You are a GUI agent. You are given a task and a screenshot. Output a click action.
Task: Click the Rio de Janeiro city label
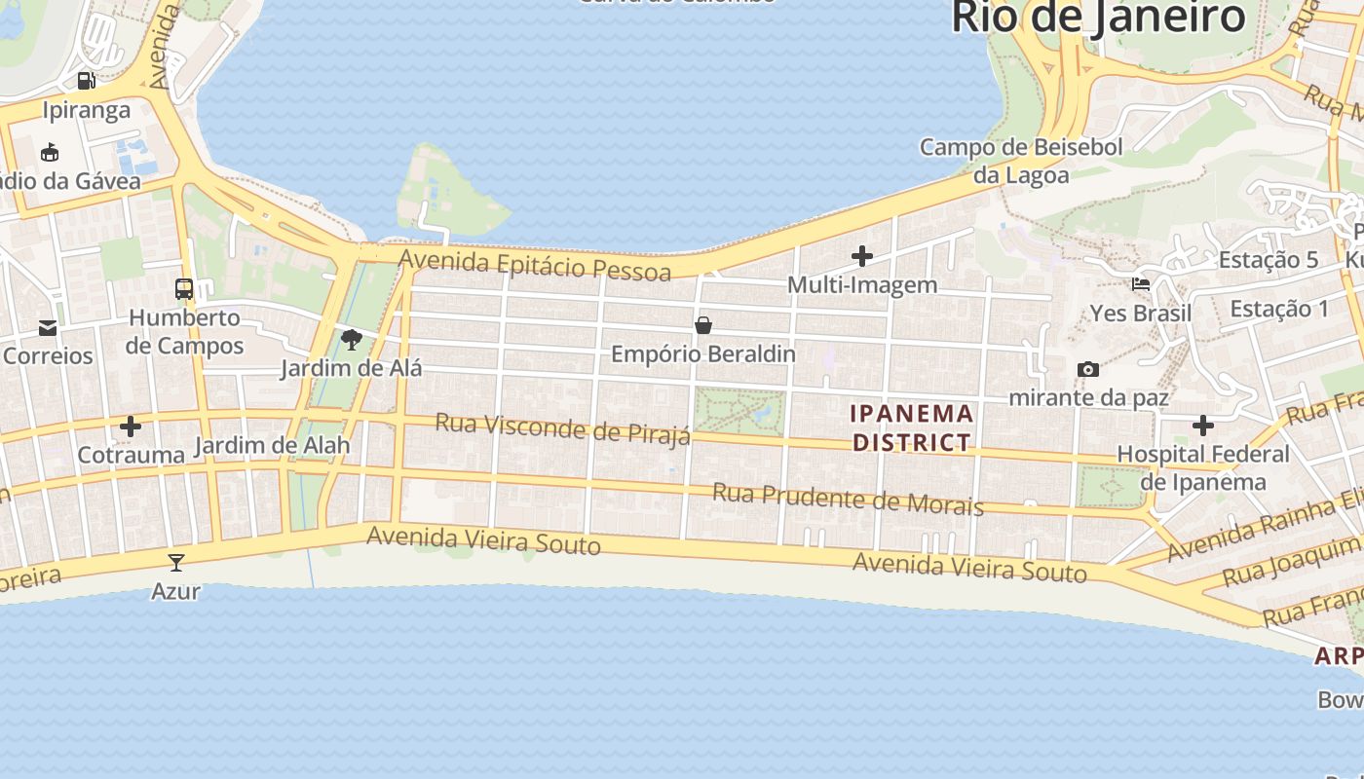click(x=1098, y=18)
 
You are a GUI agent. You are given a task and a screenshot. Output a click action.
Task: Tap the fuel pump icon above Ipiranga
click(x=87, y=81)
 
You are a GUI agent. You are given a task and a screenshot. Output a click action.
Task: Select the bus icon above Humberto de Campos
click(x=184, y=288)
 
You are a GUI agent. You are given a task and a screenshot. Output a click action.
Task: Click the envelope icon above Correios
click(x=48, y=327)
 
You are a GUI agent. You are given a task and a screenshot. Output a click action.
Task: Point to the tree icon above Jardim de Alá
click(x=352, y=340)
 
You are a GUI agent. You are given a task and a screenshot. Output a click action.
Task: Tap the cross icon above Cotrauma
click(x=131, y=427)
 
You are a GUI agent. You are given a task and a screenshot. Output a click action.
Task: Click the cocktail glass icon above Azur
click(x=176, y=562)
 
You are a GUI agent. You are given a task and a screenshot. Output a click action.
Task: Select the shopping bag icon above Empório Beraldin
click(x=703, y=325)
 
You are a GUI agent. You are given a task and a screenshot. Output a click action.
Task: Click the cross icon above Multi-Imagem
click(x=862, y=256)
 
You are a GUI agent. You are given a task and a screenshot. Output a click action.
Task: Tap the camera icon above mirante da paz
click(x=1088, y=369)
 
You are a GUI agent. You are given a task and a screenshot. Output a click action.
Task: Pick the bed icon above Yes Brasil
click(x=1141, y=284)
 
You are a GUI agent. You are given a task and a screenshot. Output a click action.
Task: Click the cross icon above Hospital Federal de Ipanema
click(x=1203, y=426)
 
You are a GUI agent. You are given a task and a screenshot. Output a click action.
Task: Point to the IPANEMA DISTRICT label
click(x=913, y=427)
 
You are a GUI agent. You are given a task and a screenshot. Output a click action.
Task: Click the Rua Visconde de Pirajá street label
click(x=563, y=428)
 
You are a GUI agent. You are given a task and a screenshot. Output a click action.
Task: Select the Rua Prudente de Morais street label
click(x=848, y=499)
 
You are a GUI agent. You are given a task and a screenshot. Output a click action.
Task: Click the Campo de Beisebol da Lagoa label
click(x=1021, y=161)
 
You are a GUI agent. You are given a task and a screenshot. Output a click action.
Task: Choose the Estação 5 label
click(x=1269, y=260)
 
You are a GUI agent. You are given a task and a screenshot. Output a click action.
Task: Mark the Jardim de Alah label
click(x=272, y=447)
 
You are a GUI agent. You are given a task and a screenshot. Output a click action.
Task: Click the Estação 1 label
click(x=1279, y=309)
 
